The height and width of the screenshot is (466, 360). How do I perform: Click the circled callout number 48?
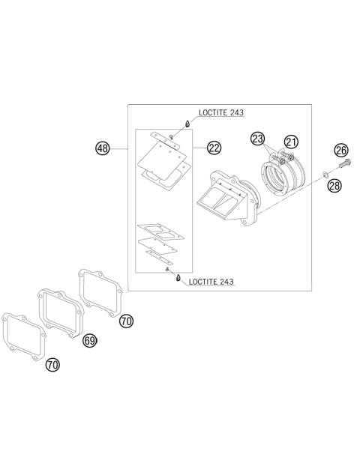pos(103,148)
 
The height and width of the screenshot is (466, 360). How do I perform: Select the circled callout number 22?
pos(214,148)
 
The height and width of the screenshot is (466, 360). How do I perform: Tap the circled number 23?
pos(257,139)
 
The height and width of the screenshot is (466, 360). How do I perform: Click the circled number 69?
pos(90,340)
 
